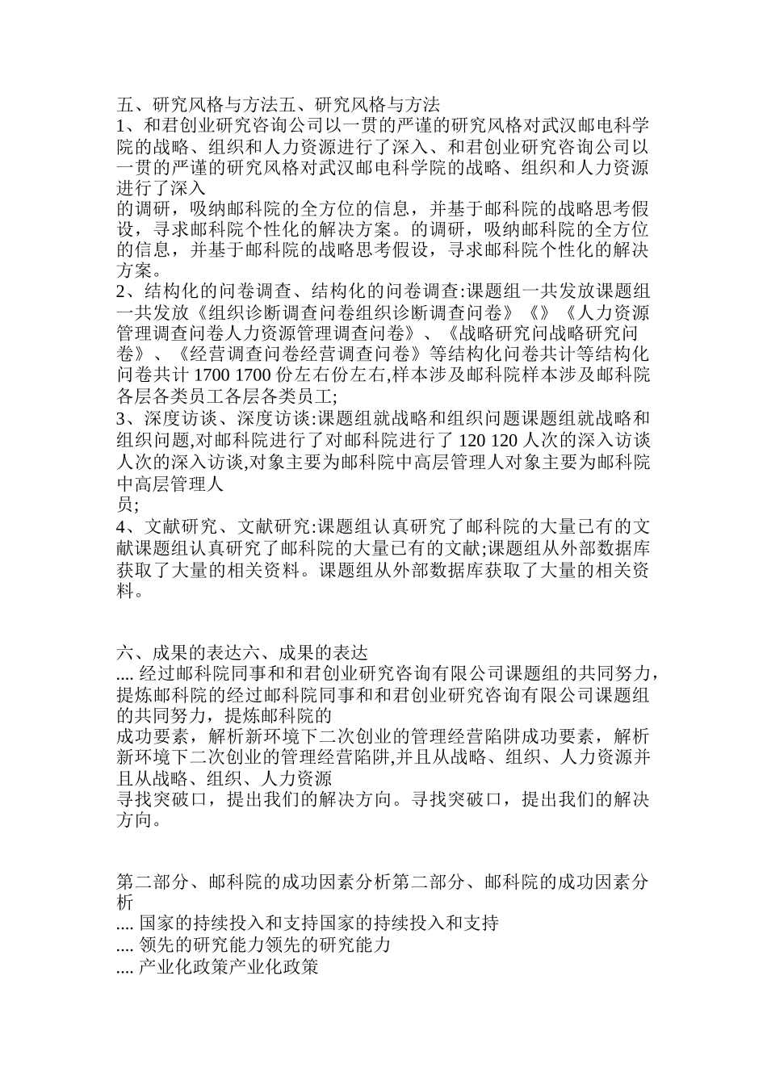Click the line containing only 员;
pos(128,506)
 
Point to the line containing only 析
pos(125,902)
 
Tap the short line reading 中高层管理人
pos(170,485)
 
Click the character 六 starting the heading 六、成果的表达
pos(125,651)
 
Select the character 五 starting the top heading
pos(125,104)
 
